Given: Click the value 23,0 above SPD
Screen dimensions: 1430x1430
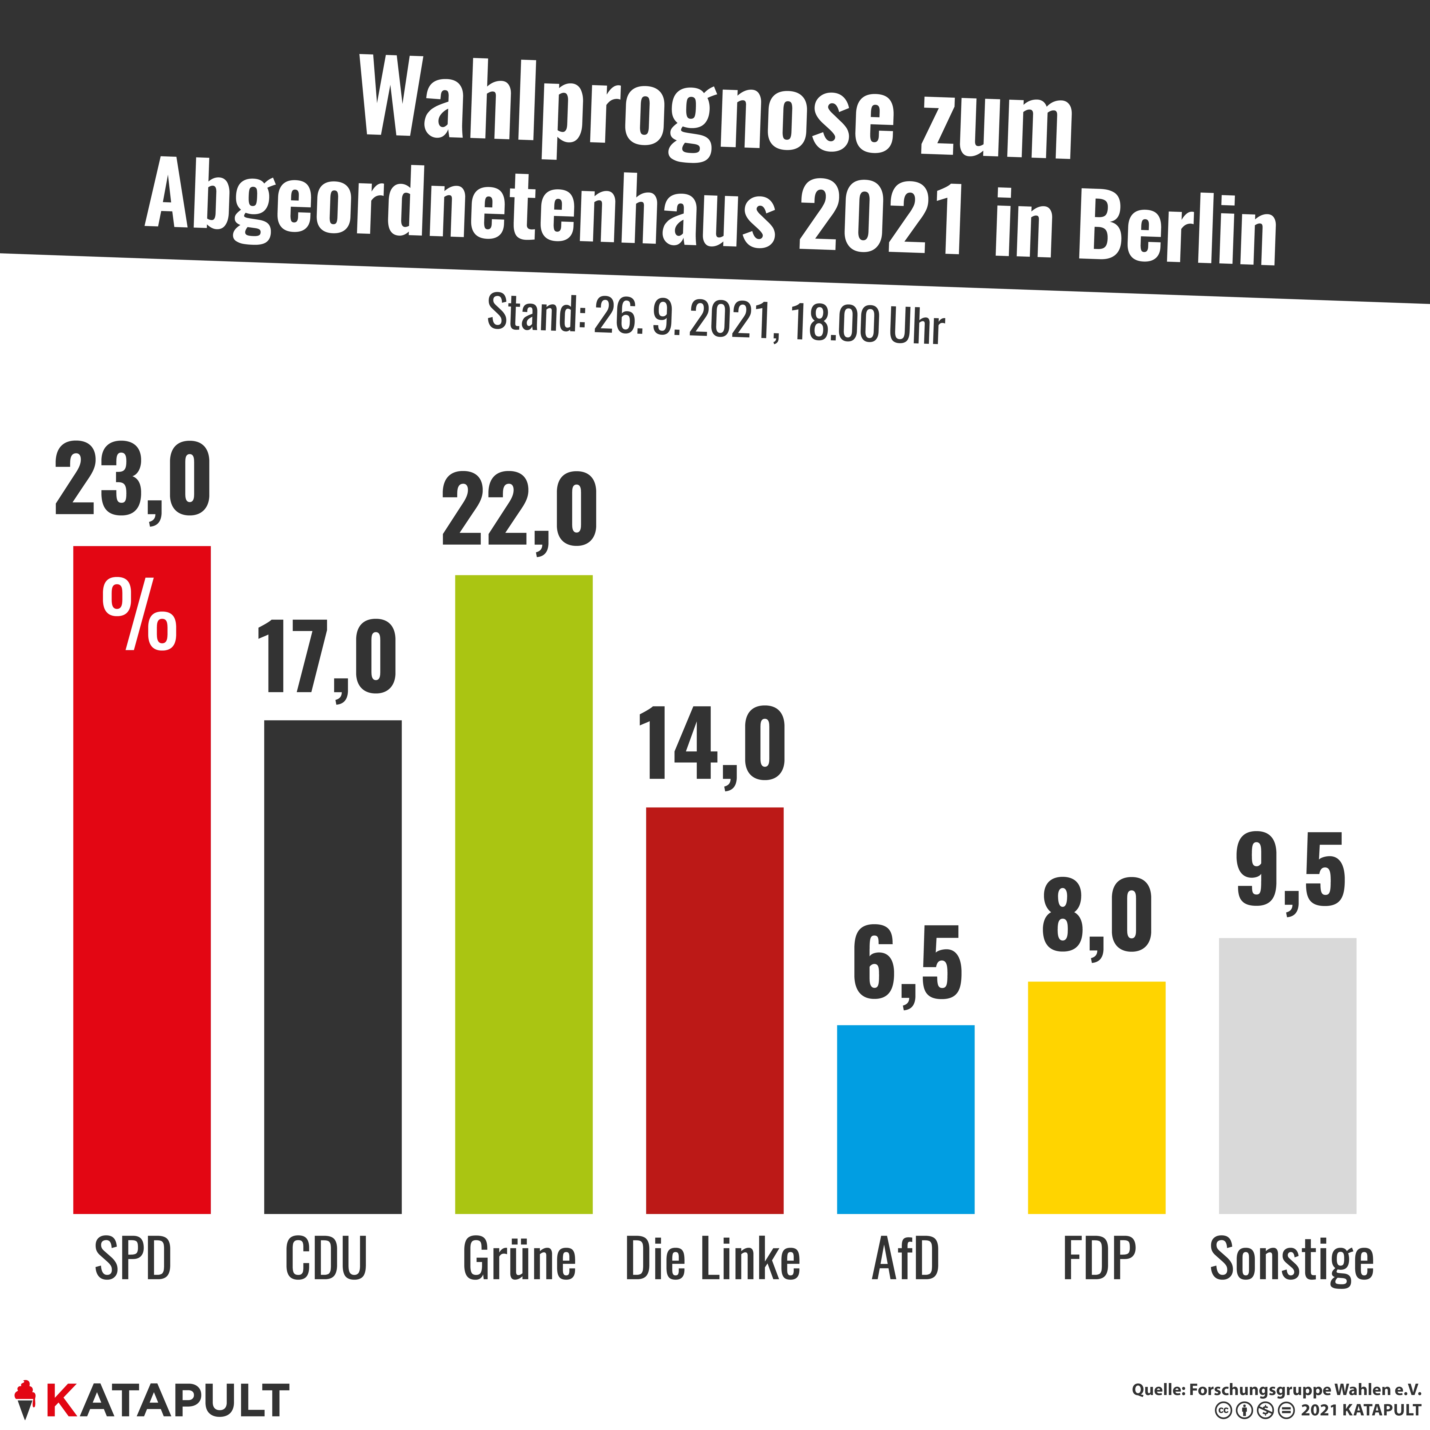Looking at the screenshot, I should (x=133, y=481).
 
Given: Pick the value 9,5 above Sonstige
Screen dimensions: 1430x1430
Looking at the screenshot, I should (x=1291, y=872).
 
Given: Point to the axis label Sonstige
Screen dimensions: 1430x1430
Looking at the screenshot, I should (x=1292, y=1261).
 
